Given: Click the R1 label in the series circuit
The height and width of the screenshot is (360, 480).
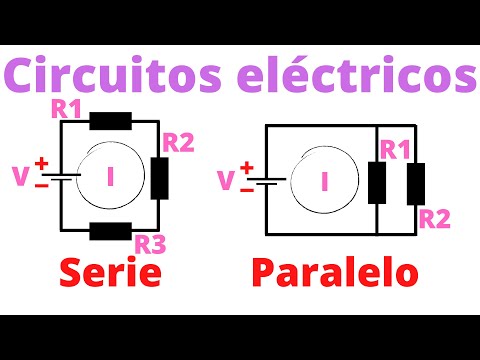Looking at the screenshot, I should pos(67,109).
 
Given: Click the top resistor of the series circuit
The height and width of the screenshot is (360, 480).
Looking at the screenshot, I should pos(109,122).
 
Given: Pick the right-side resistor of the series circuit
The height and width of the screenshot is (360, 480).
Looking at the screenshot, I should pos(160,177).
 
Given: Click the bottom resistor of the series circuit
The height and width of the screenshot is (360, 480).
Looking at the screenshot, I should pos(109,231).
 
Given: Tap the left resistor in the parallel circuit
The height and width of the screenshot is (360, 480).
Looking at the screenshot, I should pos(377,181).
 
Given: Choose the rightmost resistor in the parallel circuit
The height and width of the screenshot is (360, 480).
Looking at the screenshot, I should pos(414,181).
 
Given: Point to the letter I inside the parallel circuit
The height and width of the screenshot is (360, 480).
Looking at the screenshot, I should pos(324,181).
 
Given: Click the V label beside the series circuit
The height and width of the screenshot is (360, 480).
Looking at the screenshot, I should pos(20,177).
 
